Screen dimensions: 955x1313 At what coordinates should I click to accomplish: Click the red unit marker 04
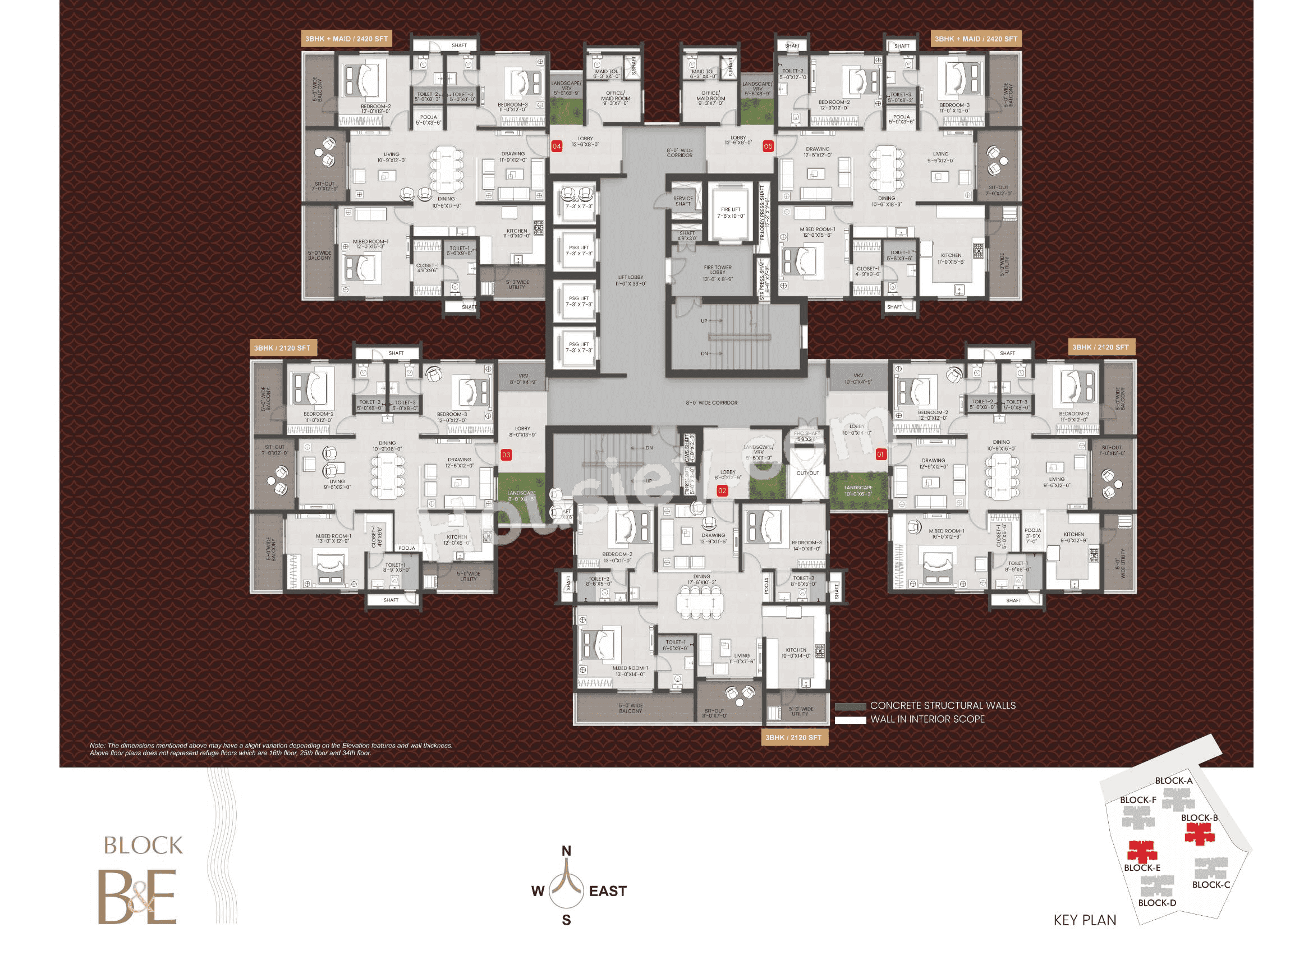point(557,146)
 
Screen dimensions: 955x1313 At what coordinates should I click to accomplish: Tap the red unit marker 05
point(768,146)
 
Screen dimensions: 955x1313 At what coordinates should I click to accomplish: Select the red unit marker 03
point(506,455)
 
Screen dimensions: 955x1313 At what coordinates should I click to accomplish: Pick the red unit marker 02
point(722,491)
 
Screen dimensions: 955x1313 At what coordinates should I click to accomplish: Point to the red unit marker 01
point(880,454)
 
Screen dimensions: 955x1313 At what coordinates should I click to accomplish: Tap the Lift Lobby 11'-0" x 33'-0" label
point(631,281)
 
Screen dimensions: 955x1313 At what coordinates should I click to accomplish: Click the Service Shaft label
point(682,201)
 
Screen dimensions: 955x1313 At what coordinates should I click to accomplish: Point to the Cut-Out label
point(807,473)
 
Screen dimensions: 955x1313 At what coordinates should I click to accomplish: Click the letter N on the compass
point(566,851)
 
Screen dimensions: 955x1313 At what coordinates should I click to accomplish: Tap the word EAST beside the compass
point(608,892)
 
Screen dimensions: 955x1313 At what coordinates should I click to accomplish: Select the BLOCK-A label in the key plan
point(1173,781)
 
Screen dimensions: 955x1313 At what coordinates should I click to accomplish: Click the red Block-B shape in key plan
point(1200,833)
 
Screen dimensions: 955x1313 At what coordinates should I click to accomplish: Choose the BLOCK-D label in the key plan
point(1156,903)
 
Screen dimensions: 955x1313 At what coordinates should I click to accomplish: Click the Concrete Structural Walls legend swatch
point(850,706)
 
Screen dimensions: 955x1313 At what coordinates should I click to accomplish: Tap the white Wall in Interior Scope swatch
point(850,720)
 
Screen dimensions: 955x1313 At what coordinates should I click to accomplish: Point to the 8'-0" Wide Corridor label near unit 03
point(711,403)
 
